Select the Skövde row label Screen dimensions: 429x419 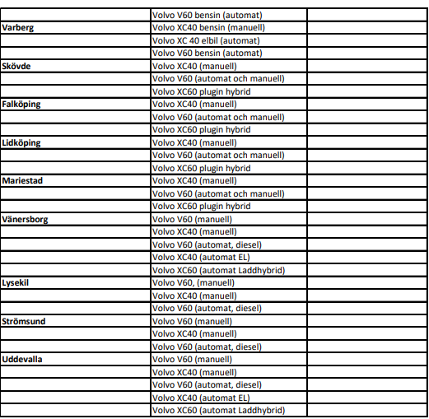(18, 66)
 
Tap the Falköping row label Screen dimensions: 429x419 (21, 105)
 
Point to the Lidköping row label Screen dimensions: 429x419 (21, 142)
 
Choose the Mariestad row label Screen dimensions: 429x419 (22, 180)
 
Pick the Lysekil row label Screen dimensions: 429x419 (17, 282)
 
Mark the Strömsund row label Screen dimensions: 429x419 (24, 321)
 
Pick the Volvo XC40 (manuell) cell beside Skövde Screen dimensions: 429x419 (194, 66)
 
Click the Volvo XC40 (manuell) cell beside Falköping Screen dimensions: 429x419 (194, 105)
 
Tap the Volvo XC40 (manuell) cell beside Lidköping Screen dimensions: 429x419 (194, 142)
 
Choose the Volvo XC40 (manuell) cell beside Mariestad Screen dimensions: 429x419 (194, 180)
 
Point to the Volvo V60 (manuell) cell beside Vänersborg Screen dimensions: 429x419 (192, 219)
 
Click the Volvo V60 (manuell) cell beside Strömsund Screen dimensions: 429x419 (192, 321)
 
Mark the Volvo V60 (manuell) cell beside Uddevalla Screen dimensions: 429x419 (192, 359)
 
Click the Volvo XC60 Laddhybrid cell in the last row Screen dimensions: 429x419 (218, 410)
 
